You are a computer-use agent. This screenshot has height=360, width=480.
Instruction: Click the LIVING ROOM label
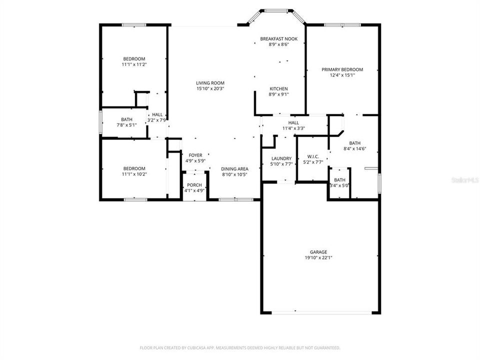pos(210,83)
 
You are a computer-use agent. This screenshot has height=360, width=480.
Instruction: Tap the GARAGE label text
pos(318,252)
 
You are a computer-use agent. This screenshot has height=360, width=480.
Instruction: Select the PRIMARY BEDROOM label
pos(342,69)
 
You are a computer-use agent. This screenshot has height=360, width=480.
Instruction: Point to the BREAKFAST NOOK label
pos(278,38)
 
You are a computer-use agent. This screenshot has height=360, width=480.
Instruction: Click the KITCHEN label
pos(278,88)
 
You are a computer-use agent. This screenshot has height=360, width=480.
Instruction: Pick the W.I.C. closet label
pos(313,156)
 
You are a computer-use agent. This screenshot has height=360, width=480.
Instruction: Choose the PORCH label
pos(194,185)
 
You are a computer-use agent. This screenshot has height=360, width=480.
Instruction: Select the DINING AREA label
pos(234,169)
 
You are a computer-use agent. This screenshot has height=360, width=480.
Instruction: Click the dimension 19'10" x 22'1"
pos(318,258)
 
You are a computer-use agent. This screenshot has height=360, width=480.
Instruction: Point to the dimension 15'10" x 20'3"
pos(210,89)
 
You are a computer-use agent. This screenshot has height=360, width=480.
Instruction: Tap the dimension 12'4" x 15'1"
pos(342,75)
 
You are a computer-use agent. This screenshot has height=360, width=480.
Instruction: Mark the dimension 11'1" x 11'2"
pos(134,64)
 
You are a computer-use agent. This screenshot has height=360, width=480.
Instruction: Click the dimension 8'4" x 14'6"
pos(354,148)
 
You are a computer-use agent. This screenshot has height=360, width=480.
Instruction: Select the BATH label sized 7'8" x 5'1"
pos(126,119)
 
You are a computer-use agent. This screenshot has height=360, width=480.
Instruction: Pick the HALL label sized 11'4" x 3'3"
pos(293,122)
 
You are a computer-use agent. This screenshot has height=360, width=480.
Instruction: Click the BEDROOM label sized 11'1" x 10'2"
pos(134,168)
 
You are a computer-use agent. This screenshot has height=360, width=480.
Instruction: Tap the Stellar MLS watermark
pos(465,178)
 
